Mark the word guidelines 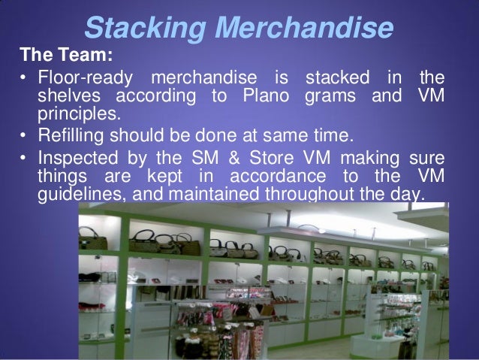[x=76, y=195]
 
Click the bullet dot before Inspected [x=25, y=158]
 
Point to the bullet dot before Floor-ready [x=25, y=79]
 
